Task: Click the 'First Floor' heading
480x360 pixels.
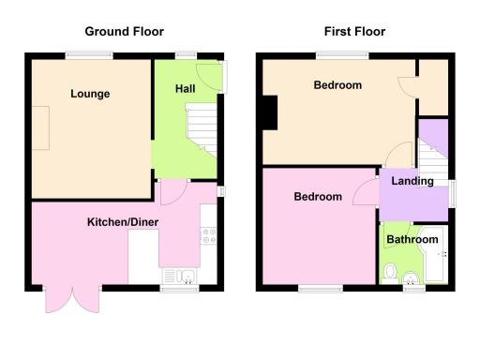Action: click(x=354, y=31)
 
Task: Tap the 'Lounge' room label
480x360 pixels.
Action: click(x=89, y=94)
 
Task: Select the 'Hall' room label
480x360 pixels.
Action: click(x=184, y=88)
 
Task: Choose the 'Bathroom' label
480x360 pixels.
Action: click(x=412, y=240)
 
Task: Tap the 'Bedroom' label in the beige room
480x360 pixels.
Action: click(x=337, y=85)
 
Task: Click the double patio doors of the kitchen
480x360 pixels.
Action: click(x=71, y=298)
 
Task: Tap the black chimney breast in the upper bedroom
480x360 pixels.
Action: click(x=270, y=113)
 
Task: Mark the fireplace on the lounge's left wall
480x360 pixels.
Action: click(x=41, y=127)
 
